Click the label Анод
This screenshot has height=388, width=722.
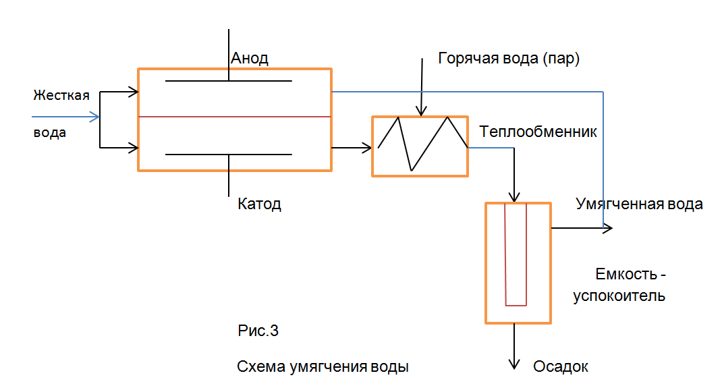pyautogui.click(x=250, y=58)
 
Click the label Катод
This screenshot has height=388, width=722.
pyautogui.click(x=259, y=204)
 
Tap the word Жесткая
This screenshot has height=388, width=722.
pyautogui.click(x=61, y=95)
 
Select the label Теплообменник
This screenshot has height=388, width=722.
pyautogui.click(x=538, y=132)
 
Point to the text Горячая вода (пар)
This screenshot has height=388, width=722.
pyautogui.click(x=509, y=58)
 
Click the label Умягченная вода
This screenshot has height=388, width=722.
pyautogui.click(x=639, y=204)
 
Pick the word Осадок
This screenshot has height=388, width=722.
pyautogui.click(x=560, y=366)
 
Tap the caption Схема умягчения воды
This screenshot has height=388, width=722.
pyautogui.click(x=323, y=367)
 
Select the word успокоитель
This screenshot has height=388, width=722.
pyautogui.click(x=619, y=296)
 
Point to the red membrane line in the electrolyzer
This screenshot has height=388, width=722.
pyautogui.click(x=234, y=117)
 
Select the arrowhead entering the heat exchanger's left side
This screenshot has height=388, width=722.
pyautogui.click(x=368, y=146)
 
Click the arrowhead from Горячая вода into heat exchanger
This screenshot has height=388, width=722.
pyautogui.click(x=421, y=111)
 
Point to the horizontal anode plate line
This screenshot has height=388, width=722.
pyautogui.click(x=229, y=82)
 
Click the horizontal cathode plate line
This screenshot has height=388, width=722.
pyautogui.click(x=229, y=155)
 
